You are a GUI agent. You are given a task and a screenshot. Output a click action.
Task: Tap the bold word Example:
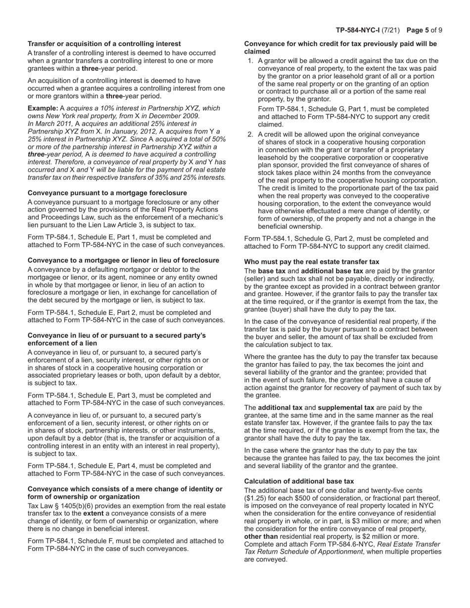43,108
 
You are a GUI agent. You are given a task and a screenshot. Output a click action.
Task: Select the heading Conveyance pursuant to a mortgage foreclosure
107,193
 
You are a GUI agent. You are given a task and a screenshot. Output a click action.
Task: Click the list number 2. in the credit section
250,134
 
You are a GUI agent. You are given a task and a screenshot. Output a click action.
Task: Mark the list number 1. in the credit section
250,61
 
